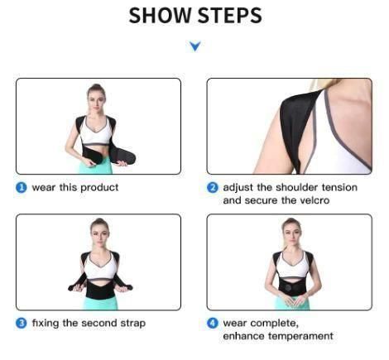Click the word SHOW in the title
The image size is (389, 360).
pyautogui.click(x=159, y=16)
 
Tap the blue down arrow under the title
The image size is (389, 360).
pyautogui.click(x=194, y=46)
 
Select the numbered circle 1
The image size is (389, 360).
pyautogui.click(x=22, y=188)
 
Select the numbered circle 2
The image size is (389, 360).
pyautogui.click(x=213, y=188)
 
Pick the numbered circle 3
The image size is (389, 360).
pyautogui.click(x=22, y=322)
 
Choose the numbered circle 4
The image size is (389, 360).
pyautogui.click(x=213, y=322)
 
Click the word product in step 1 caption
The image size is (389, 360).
pyautogui.click(x=99, y=188)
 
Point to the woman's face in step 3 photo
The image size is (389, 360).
pyautogui.click(x=99, y=229)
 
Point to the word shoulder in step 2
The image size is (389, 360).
pyautogui.click(x=292, y=188)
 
